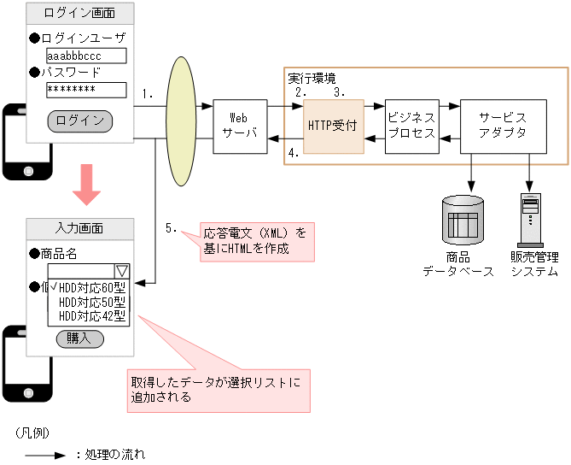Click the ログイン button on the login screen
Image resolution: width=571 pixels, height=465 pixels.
point(79,121)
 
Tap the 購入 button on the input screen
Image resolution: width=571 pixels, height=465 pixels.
point(79,338)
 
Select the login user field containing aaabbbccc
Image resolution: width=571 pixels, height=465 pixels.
point(85,56)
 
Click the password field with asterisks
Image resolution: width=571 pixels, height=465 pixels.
point(85,90)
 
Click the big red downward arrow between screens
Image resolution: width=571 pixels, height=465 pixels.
point(86,185)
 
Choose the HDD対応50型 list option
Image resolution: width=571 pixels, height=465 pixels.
point(92,302)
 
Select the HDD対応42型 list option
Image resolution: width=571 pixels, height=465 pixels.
point(92,315)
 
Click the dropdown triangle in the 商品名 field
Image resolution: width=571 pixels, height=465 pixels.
point(122,271)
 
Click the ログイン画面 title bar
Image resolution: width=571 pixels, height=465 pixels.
point(79,15)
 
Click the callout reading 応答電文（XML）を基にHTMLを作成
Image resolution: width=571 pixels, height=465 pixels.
point(258,241)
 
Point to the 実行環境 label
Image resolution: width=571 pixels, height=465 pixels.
point(312,78)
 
